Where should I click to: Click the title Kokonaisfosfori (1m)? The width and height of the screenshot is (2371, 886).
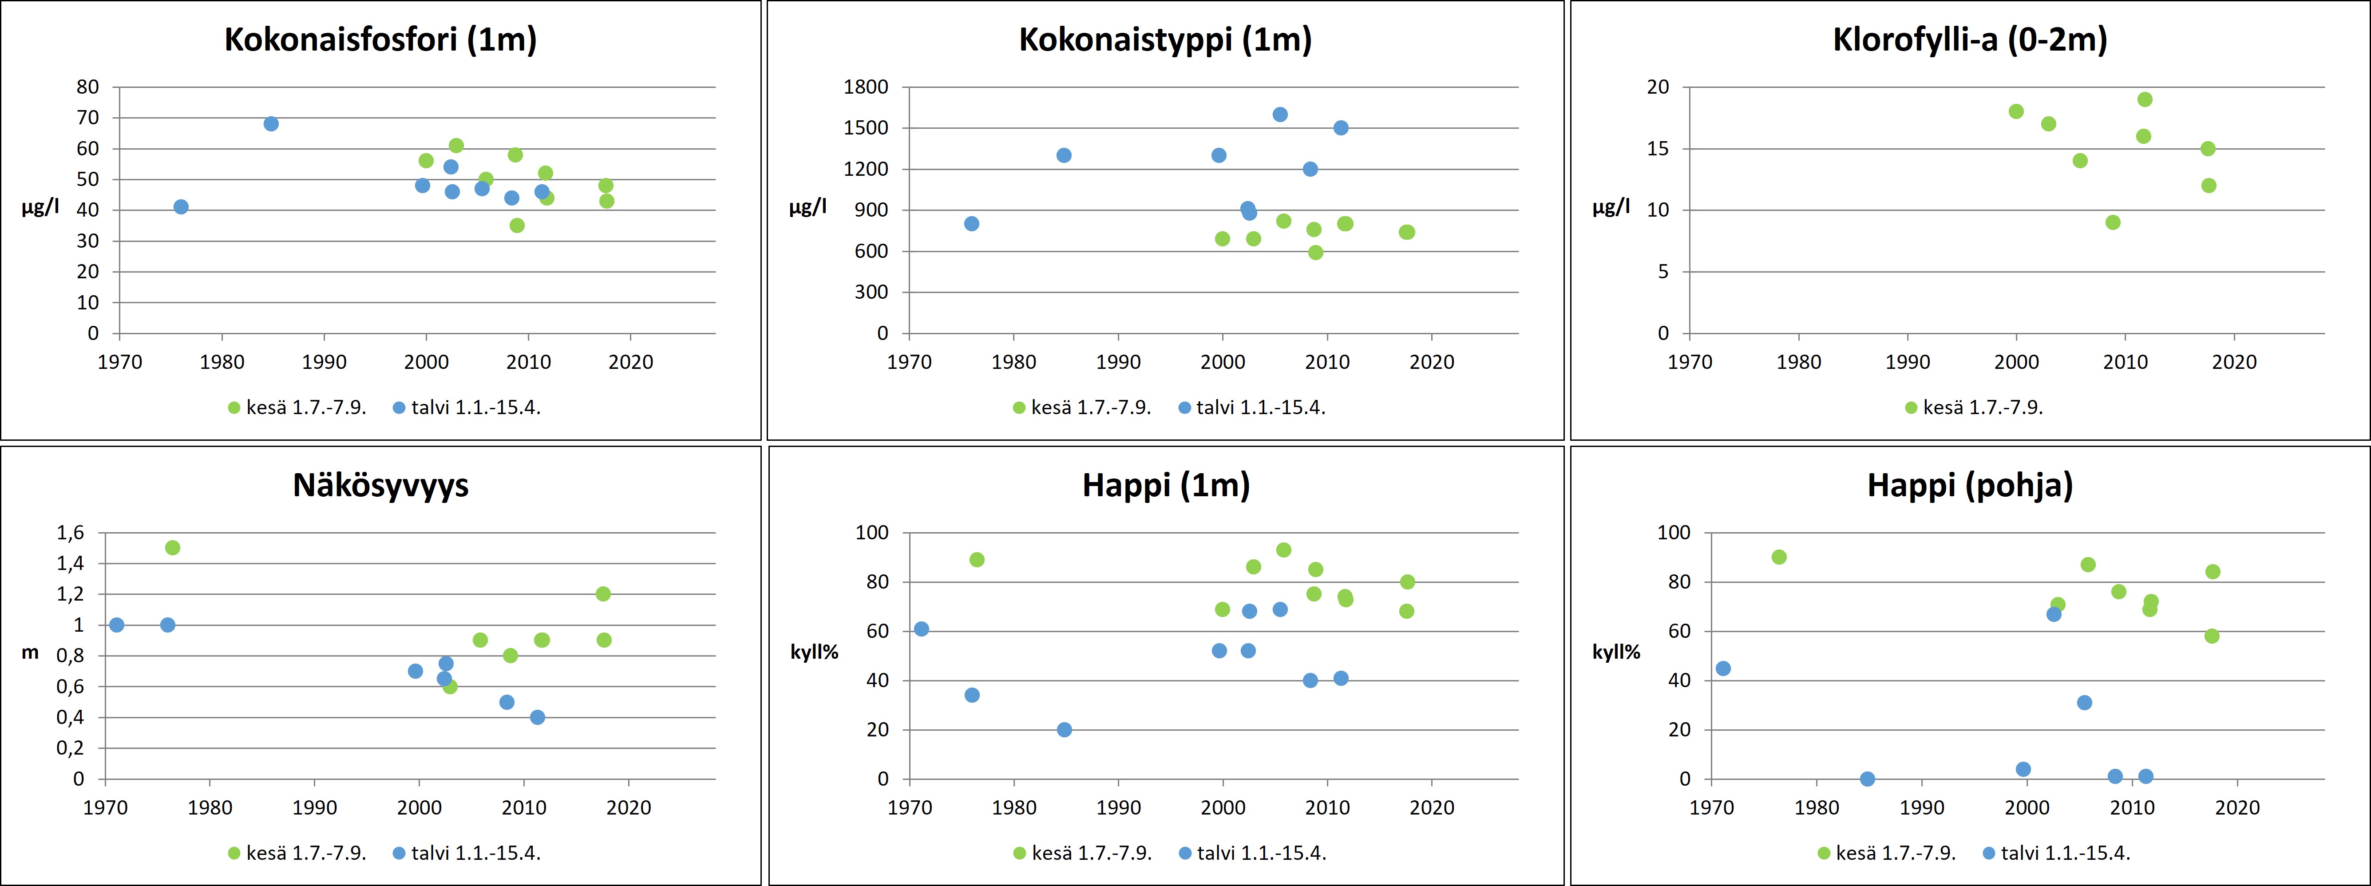point(380,40)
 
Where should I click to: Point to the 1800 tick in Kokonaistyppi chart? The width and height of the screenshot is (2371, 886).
point(866,87)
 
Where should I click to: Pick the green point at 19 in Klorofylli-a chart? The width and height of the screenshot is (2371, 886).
point(2145,99)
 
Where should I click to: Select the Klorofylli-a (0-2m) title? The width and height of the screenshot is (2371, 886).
point(1970,40)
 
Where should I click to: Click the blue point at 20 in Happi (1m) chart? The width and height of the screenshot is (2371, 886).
point(1064,730)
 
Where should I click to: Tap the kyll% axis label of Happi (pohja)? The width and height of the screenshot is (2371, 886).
point(1616,653)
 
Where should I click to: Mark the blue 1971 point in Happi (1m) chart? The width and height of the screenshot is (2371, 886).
point(921,629)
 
